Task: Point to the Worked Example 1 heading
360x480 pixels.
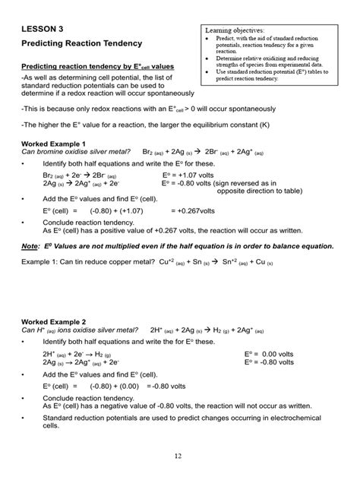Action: (53, 144)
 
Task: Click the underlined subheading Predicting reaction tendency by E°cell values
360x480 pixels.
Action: (97, 67)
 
